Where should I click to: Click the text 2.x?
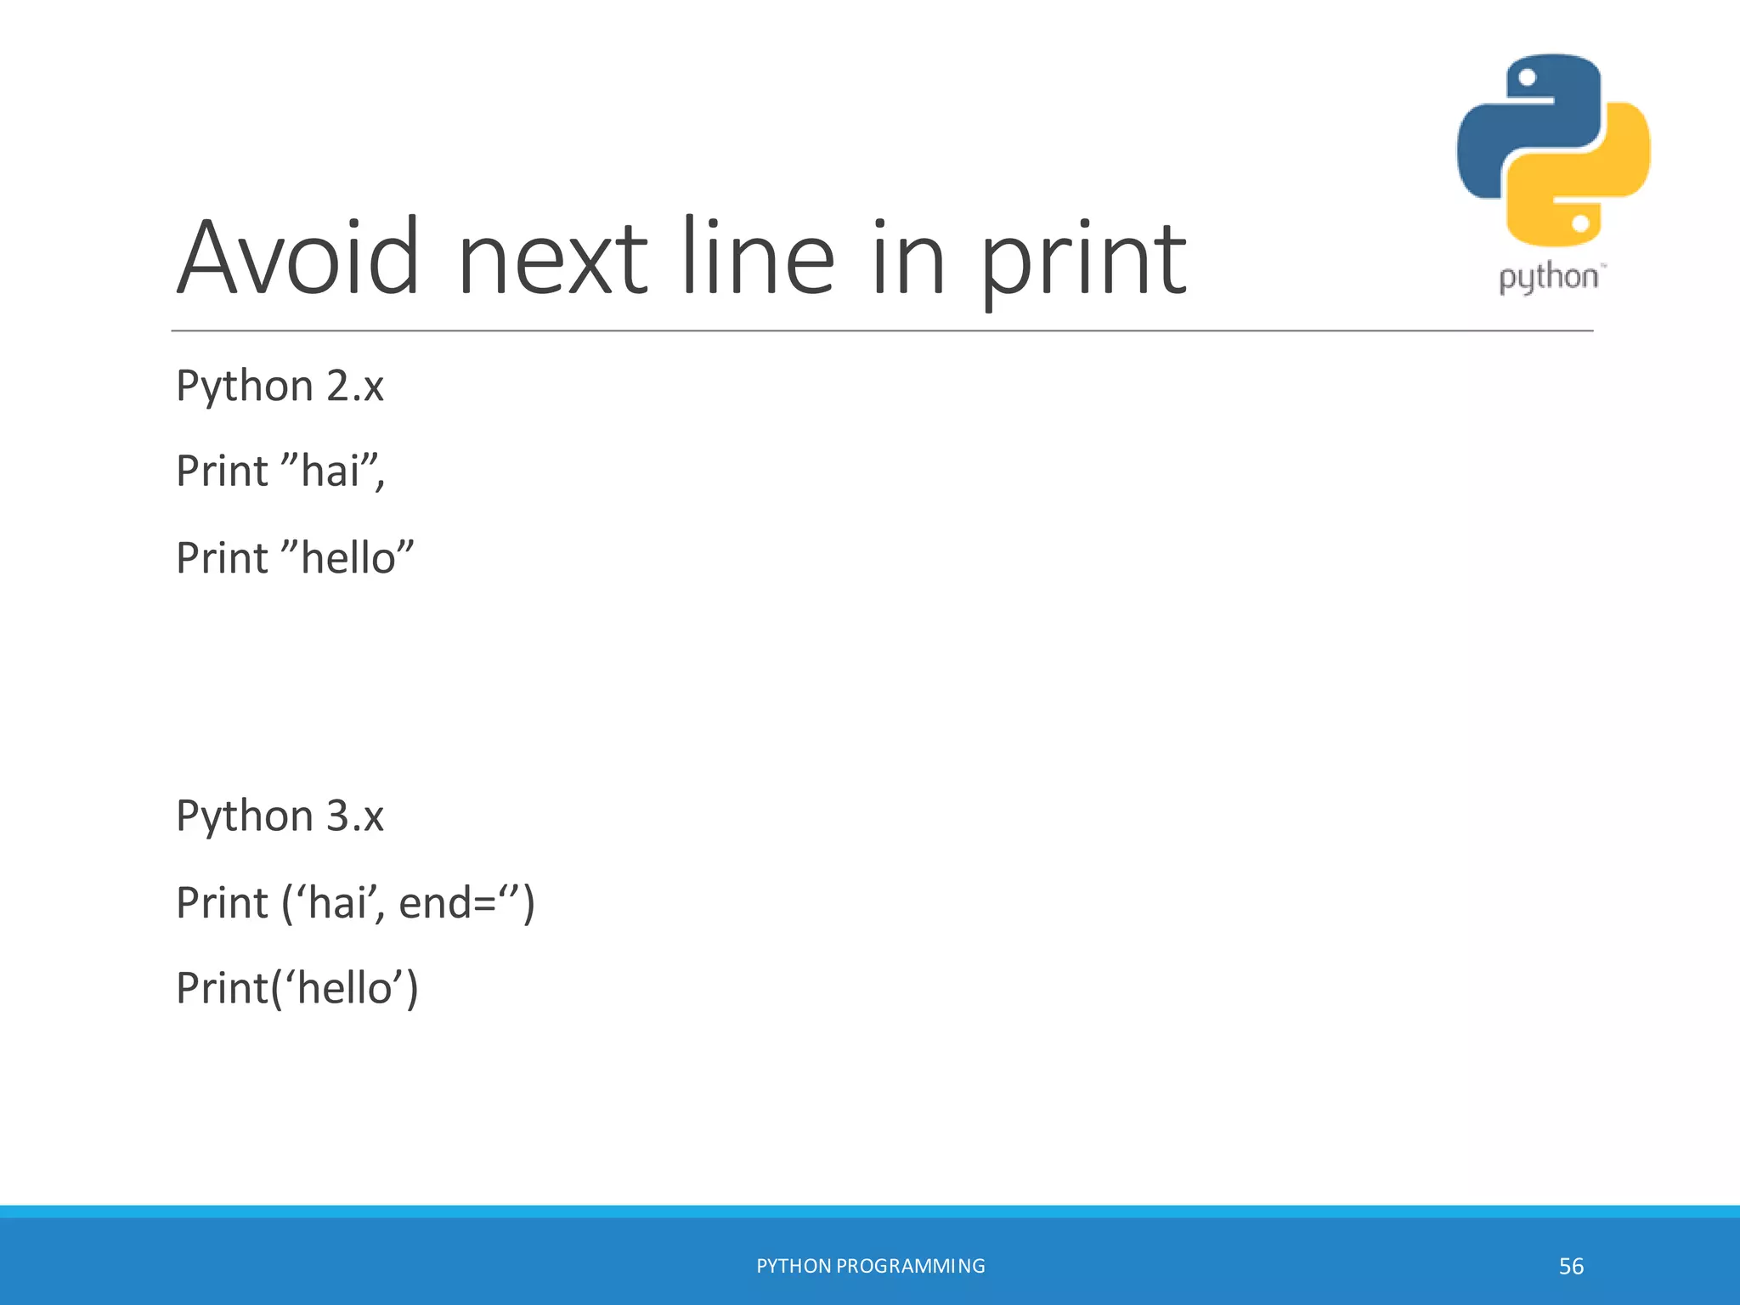click(x=355, y=387)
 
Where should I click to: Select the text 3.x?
click(x=355, y=816)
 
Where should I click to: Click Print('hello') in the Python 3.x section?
click(x=297, y=989)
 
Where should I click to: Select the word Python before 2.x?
click(x=245, y=387)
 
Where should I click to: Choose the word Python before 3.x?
click(x=245, y=816)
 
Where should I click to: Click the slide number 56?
click(x=1571, y=1267)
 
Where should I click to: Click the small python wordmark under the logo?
click(x=1548, y=278)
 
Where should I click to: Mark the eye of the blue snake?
click(x=1528, y=78)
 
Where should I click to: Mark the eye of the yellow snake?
click(x=1580, y=223)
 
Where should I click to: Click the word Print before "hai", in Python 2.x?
click(x=222, y=472)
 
